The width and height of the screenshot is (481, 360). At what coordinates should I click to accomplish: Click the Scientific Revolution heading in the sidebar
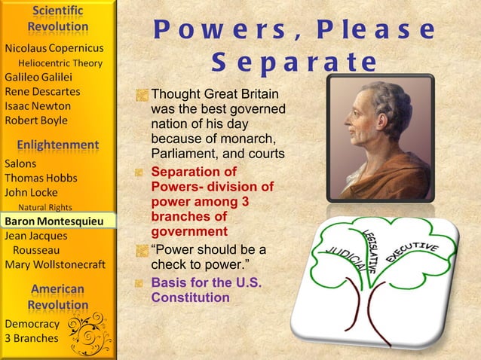click(x=58, y=20)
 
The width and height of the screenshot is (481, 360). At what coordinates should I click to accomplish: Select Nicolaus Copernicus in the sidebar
click(x=54, y=48)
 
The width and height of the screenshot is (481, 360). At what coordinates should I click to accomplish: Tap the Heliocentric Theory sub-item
click(x=60, y=63)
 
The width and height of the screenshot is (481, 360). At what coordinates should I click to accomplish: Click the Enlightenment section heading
click(x=58, y=144)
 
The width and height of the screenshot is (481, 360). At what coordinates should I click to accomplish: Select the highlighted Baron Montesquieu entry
click(x=57, y=221)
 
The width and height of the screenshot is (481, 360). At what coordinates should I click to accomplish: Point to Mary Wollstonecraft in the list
click(x=55, y=264)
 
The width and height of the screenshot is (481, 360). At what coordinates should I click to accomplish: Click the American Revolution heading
click(x=58, y=297)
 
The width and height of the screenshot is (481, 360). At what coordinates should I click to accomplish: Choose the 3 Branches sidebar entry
click(x=31, y=338)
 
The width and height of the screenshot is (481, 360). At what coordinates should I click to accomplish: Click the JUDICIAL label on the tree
click(x=342, y=258)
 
